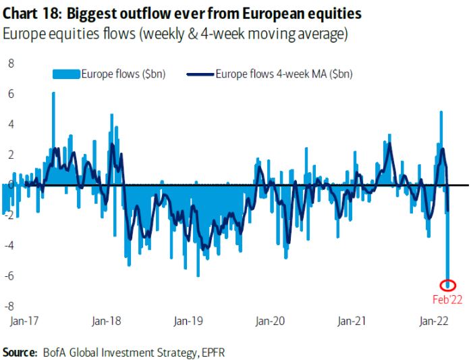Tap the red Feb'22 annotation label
pyautogui.click(x=447, y=297)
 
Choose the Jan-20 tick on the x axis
pyautogui.click(x=271, y=323)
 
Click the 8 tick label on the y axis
pyautogui.click(x=11, y=63)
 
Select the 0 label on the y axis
pyautogui.click(x=11, y=185)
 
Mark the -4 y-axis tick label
pyautogui.click(x=9, y=246)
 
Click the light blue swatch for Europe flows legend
pyautogui.click(x=66, y=74)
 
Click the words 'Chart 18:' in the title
pyautogui.click(x=31, y=13)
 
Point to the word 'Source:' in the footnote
pyautogui.click(x=20, y=351)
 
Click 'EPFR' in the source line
pyautogui.click(x=217, y=351)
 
